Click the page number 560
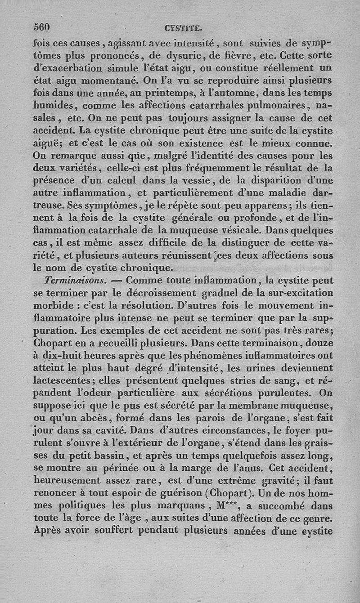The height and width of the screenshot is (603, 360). [x=42, y=27]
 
